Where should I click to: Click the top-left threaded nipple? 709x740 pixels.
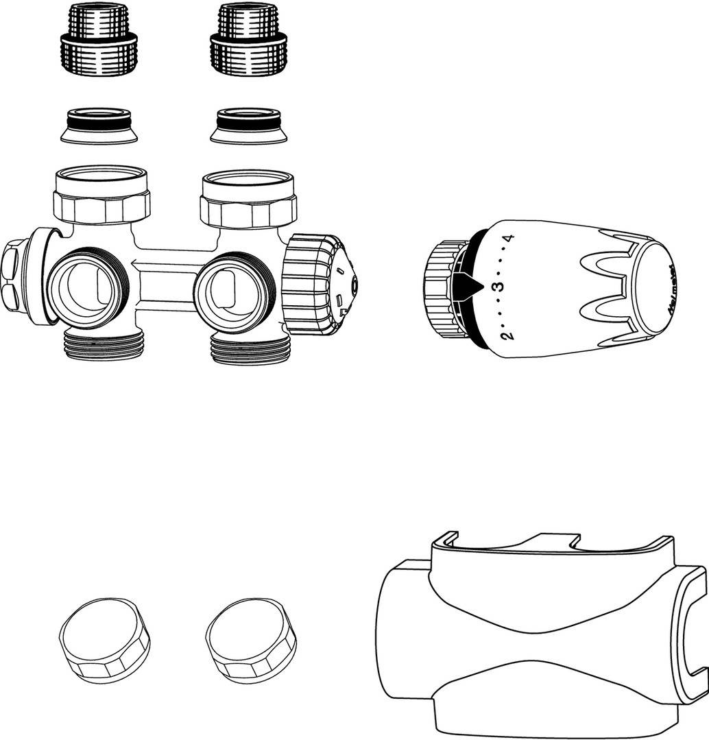click(x=99, y=40)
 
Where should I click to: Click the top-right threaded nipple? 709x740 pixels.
click(x=248, y=40)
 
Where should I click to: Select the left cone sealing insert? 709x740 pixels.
click(x=99, y=126)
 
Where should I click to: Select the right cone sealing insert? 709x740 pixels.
click(x=248, y=126)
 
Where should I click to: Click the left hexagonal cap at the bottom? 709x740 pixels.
click(x=105, y=641)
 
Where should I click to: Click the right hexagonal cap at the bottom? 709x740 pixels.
click(x=252, y=641)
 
